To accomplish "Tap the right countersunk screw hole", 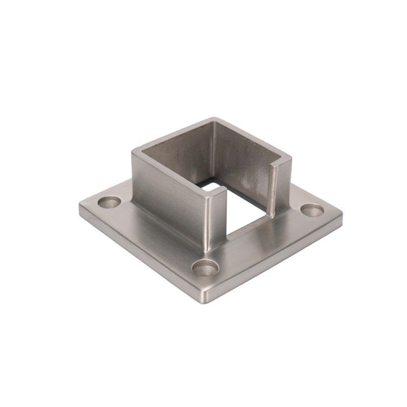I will click(x=312, y=210).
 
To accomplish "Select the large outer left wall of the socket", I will click(x=168, y=198).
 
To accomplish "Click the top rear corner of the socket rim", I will click(x=214, y=120).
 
